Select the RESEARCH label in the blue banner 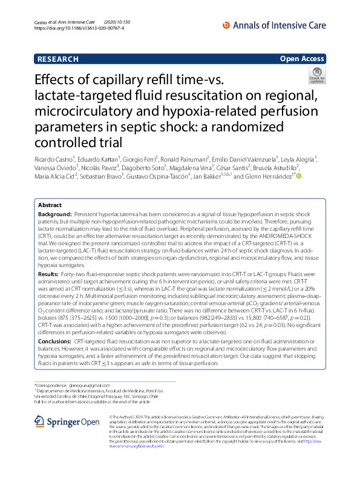tap(58, 59)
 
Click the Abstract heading tap(50, 205)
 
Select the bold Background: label tap(54, 215)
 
